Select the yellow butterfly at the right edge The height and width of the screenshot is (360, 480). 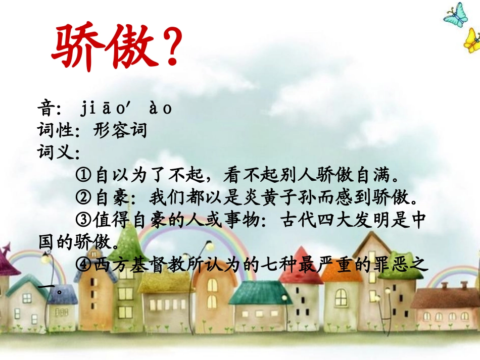click(x=472, y=41)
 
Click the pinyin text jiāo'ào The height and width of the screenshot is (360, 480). click(x=126, y=109)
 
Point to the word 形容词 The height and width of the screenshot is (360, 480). click(x=120, y=131)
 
